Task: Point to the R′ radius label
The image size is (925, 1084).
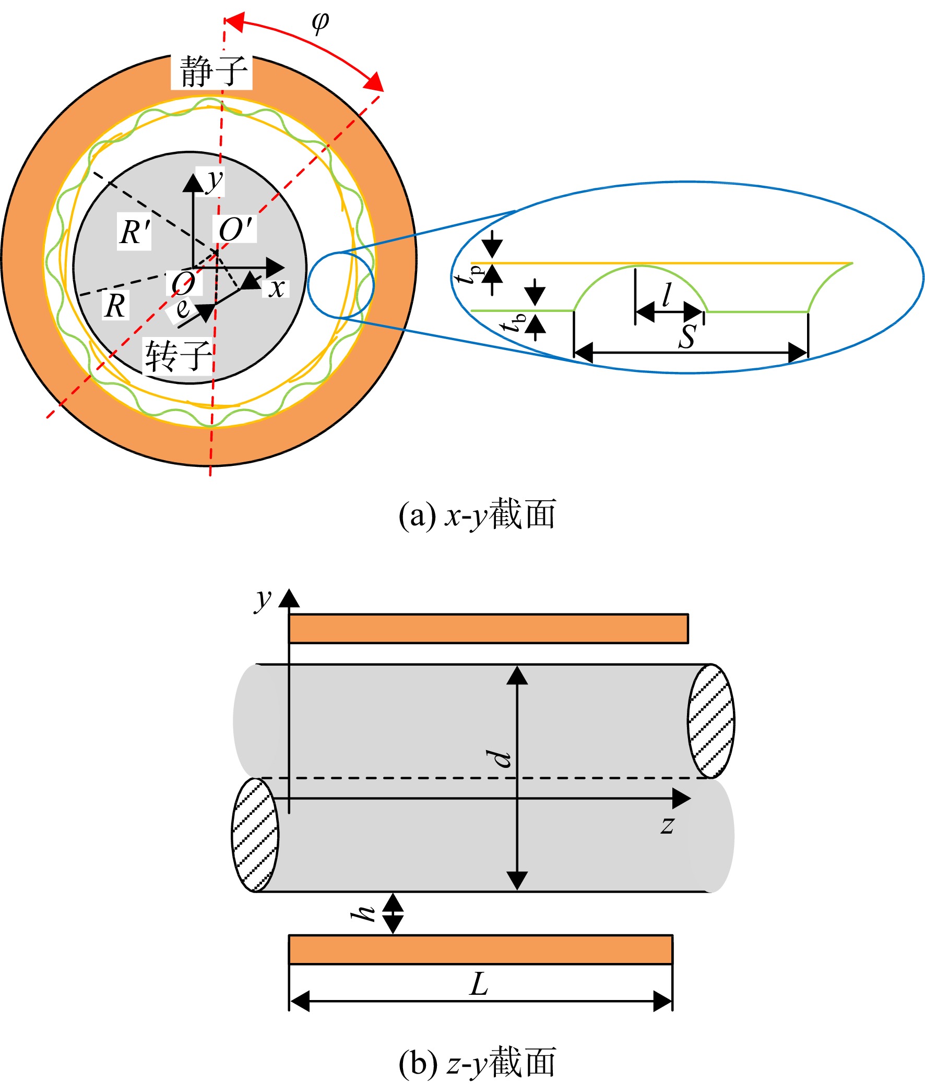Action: click(x=135, y=232)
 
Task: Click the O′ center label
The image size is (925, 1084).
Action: click(x=235, y=228)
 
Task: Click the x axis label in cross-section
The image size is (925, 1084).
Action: click(x=276, y=288)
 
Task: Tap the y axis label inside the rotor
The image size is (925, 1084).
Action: click(x=214, y=182)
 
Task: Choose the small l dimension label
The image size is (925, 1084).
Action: click(x=666, y=296)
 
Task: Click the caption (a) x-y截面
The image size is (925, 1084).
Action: click(x=477, y=515)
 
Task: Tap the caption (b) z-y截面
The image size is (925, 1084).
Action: click(x=477, y=1063)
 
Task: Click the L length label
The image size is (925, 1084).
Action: click(x=479, y=984)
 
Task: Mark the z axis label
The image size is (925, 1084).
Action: click(x=668, y=826)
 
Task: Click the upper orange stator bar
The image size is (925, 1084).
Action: click(x=489, y=628)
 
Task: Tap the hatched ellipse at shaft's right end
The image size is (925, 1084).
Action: click(x=710, y=721)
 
